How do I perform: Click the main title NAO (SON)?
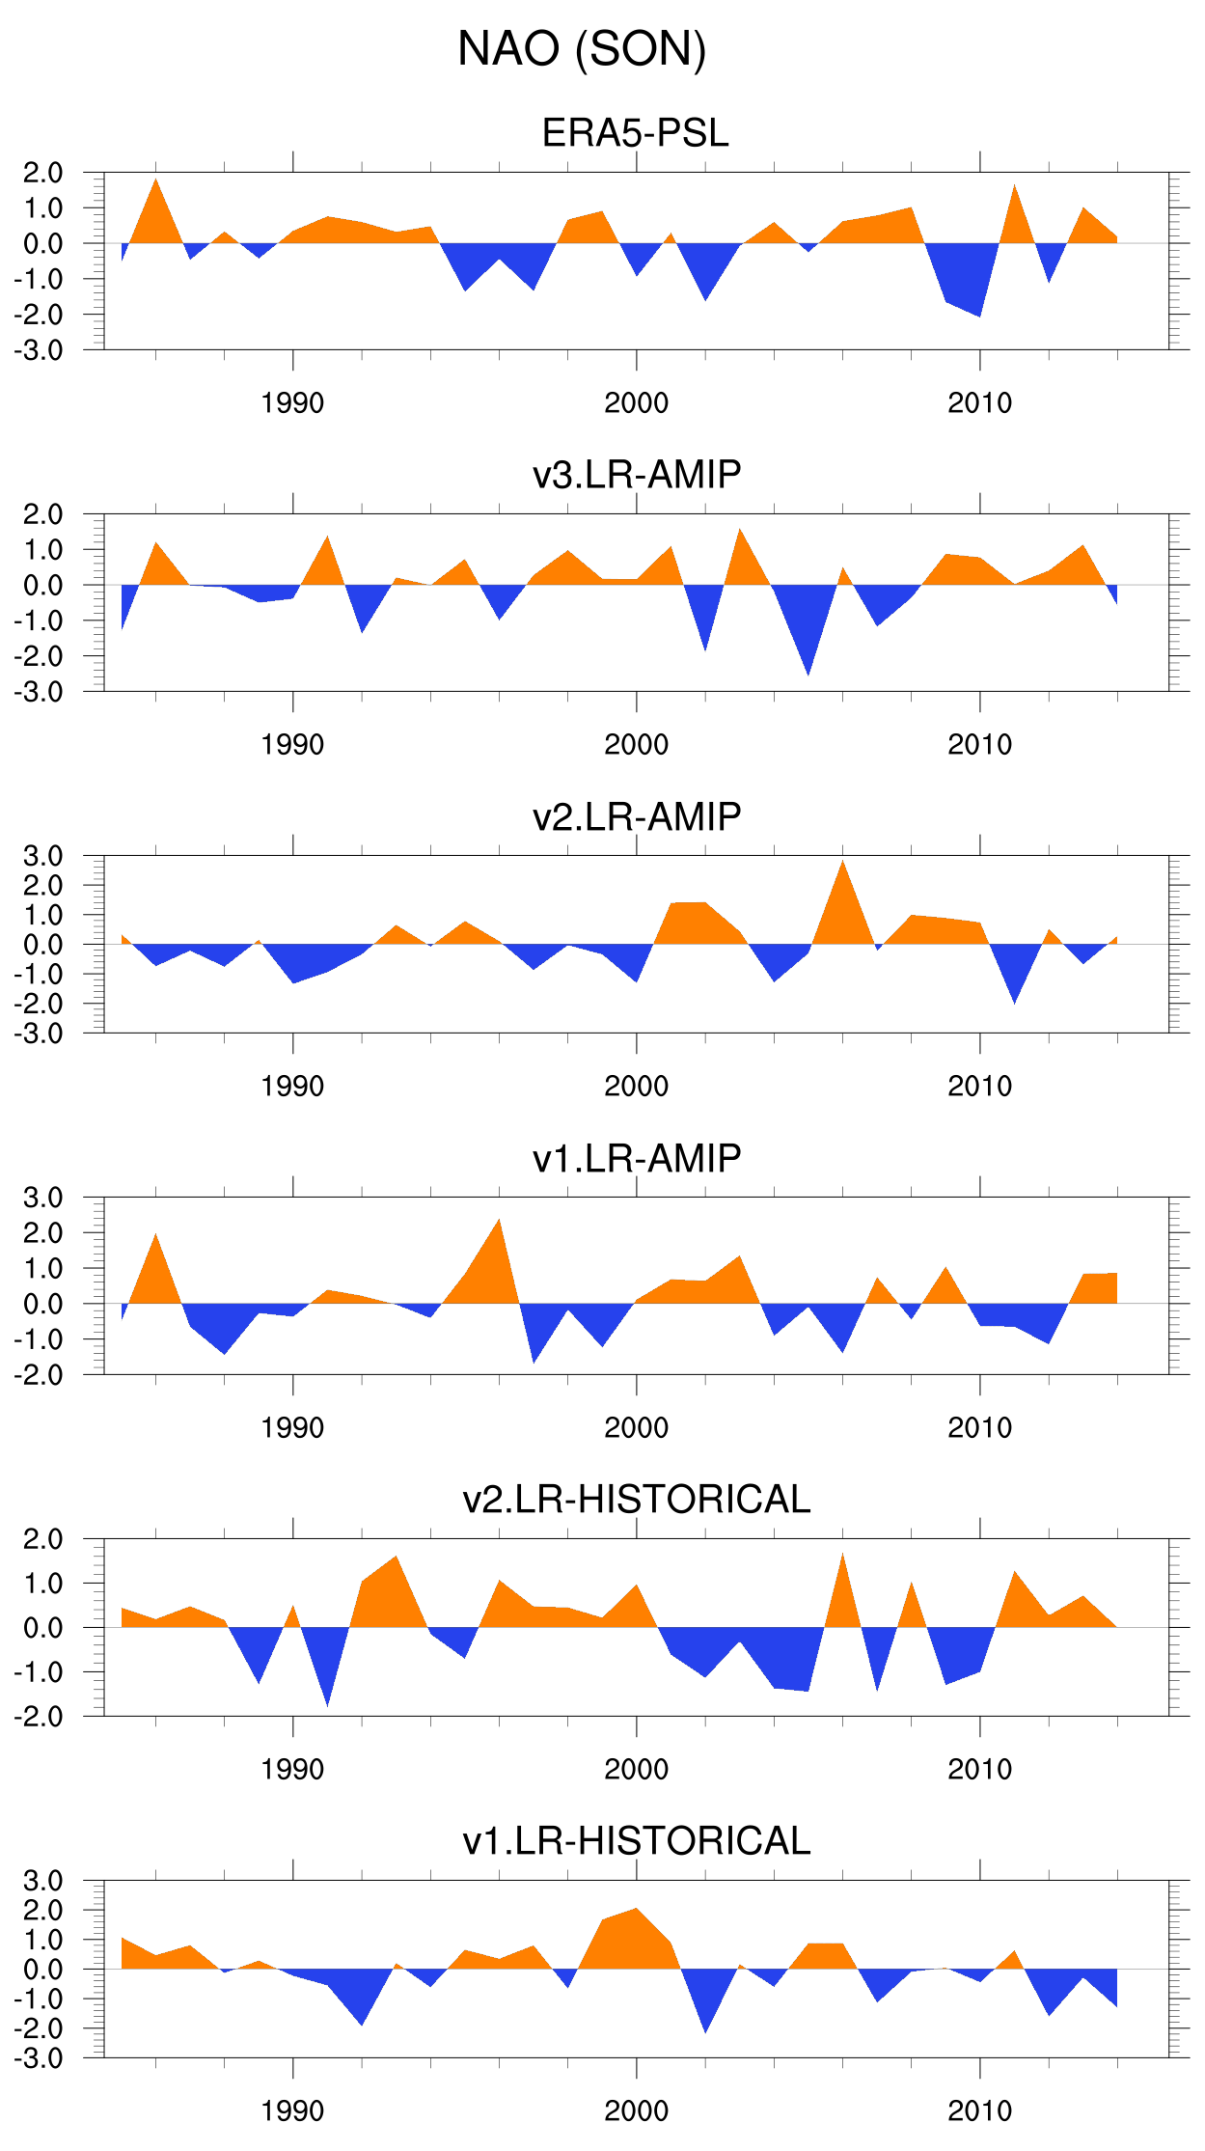click(x=582, y=49)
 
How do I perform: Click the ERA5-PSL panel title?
click(x=635, y=133)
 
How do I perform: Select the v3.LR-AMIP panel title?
click(x=637, y=475)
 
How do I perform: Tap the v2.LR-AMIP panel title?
click(x=637, y=816)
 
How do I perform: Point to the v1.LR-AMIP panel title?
click(x=637, y=1158)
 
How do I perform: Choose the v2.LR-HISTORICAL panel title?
click(x=637, y=1500)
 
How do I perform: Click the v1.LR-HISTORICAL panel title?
click(x=637, y=1841)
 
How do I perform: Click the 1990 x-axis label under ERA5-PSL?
click(x=292, y=403)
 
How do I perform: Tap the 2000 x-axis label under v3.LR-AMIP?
click(x=636, y=745)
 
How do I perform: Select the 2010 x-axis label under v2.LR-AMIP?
click(x=979, y=1087)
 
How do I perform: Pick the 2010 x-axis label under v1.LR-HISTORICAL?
click(x=979, y=2111)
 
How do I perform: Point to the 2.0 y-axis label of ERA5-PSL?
click(x=42, y=174)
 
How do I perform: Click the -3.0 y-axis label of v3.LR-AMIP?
click(x=39, y=692)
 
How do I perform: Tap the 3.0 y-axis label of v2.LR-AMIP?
click(x=42, y=856)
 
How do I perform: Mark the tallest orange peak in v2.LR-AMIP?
click(x=843, y=866)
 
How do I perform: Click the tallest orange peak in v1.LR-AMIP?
click(x=499, y=1224)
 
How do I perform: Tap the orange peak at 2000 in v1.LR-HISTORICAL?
click(x=636, y=1913)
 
